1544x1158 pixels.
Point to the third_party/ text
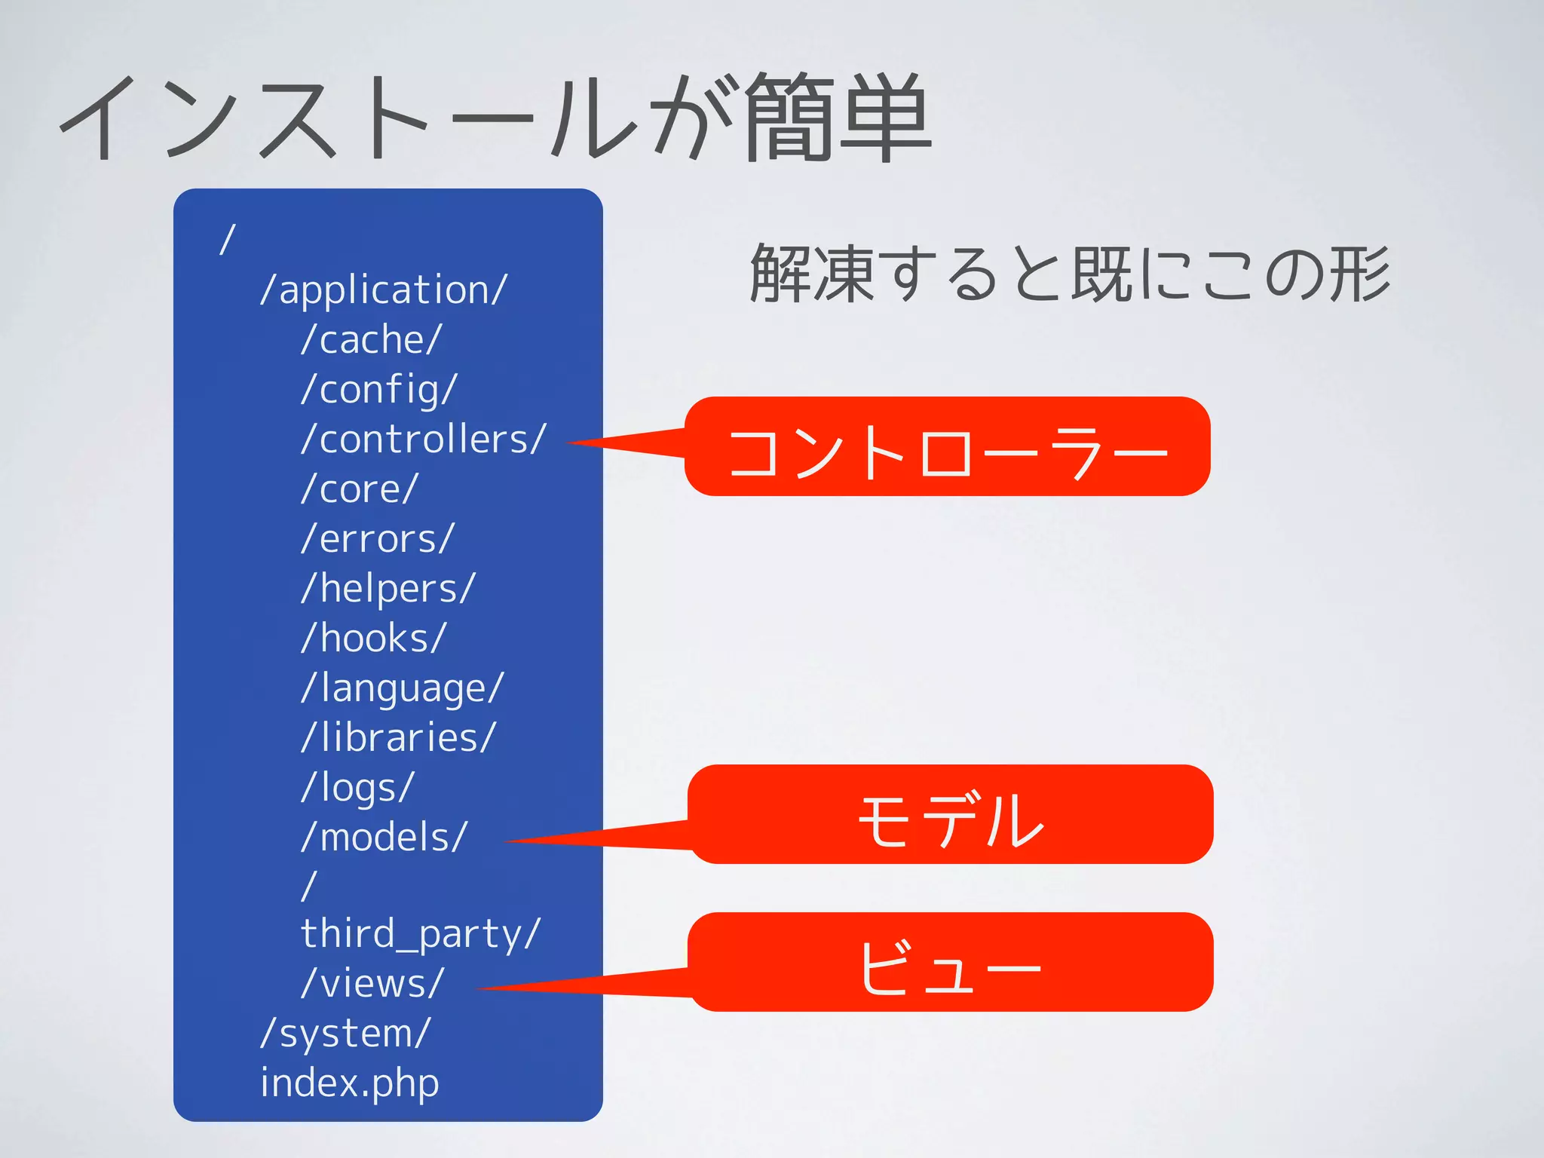point(421,935)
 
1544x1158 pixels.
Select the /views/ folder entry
point(372,985)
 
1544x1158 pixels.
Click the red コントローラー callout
point(947,447)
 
